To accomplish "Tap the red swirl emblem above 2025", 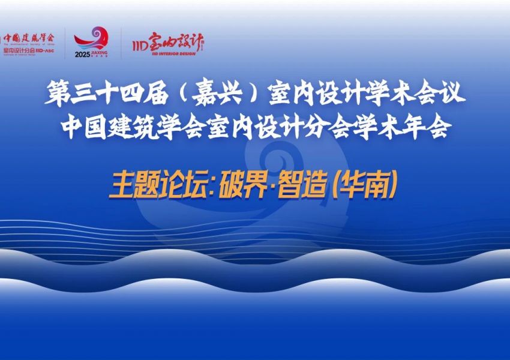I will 91,39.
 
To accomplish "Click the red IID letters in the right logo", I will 140,43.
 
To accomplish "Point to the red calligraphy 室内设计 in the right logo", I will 177,41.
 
